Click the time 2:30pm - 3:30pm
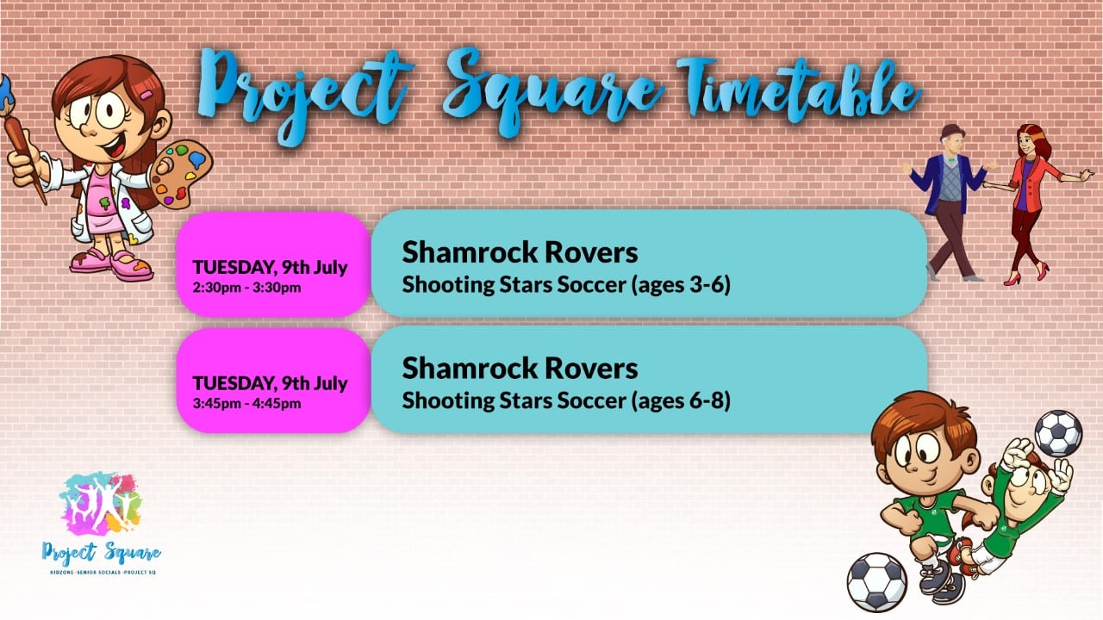[246, 288]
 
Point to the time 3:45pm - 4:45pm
[246, 404]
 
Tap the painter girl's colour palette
[180, 175]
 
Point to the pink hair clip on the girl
[146, 95]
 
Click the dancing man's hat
[950, 131]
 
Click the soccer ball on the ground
[876, 583]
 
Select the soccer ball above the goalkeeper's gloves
[1058, 433]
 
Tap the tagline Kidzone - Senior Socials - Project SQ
[103, 573]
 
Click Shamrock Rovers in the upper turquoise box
[520, 252]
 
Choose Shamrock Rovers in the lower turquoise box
[520, 369]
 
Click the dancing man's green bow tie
[950, 160]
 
